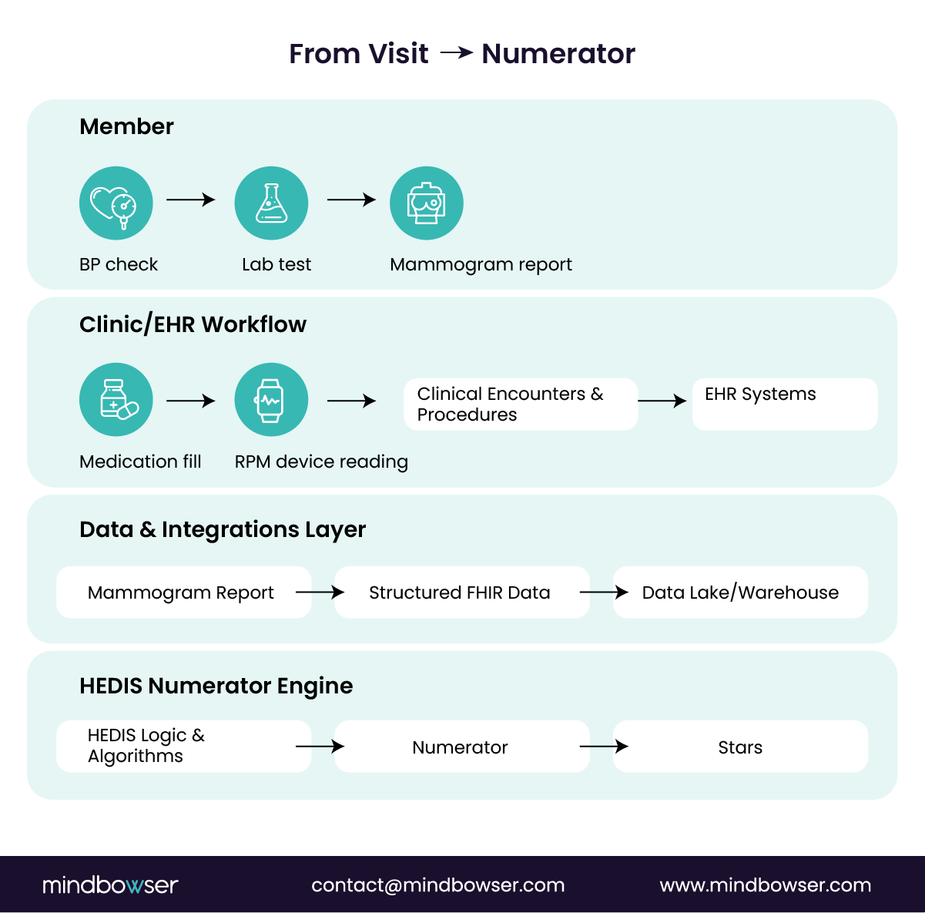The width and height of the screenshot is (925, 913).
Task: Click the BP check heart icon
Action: tap(116, 203)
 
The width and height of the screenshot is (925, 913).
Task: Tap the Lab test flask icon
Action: tap(271, 203)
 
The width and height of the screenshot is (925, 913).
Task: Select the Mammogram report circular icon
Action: tap(427, 203)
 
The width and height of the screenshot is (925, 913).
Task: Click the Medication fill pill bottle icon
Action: tap(116, 400)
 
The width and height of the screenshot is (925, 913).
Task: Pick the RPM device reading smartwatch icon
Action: tap(271, 400)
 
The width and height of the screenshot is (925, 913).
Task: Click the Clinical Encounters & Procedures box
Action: tap(521, 404)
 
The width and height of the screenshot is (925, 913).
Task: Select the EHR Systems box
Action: tap(785, 404)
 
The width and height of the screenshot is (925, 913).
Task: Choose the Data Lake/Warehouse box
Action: tap(740, 592)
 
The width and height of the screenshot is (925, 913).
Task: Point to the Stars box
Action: tap(740, 747)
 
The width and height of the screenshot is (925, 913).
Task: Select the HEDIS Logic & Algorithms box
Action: tap(183, 746)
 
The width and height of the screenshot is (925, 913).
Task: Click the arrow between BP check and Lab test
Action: tap(191, 200)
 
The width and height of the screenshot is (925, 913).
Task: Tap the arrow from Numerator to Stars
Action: tap(604, 746)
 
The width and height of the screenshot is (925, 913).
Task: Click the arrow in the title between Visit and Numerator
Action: tap(457, 53)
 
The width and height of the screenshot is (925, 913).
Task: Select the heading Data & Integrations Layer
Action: tap(223, 529)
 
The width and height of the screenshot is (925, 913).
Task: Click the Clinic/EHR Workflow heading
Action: tap(193, 324)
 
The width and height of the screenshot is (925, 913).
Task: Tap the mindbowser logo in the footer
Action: tap(110, 884)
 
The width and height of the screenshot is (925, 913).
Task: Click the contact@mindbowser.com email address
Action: tap(437, 885)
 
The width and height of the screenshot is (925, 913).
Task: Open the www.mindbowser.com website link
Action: tap(765, 885)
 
